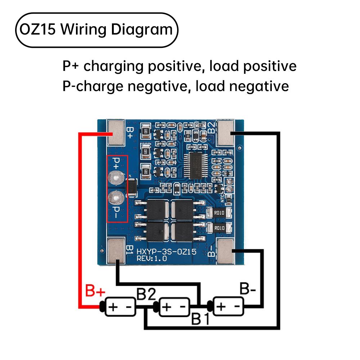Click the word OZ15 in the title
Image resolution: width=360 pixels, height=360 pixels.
click(x=37, y=30)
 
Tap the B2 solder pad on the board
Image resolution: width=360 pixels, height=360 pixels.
click(x=226, y=132)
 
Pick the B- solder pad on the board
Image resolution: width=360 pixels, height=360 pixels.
click(x=226, y=251)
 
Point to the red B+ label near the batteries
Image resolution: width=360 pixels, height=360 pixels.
click(x=95, y=291)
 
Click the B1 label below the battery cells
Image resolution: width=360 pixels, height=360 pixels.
click(x=200, y=318)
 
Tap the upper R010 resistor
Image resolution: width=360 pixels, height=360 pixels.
click(x=219, y=212)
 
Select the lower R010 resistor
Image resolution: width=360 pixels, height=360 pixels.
click(x=219, y=228)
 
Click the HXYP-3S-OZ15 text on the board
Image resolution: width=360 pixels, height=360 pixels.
click(x=166, y=252)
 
